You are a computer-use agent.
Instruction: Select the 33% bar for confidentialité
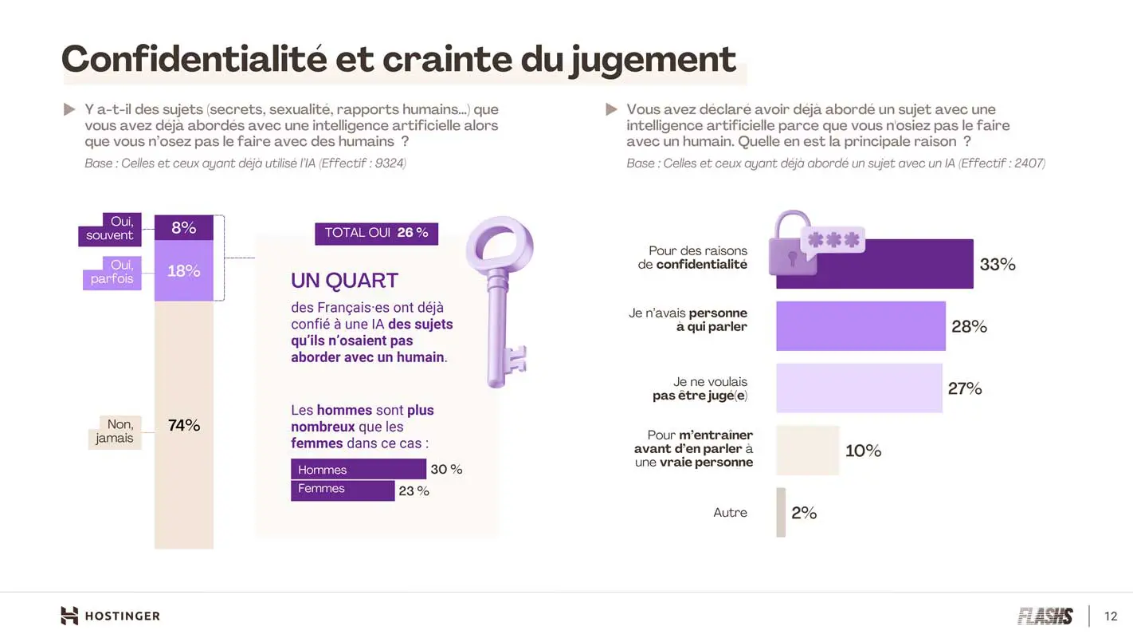click(874, 264)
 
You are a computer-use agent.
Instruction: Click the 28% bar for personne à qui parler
click(861, 326)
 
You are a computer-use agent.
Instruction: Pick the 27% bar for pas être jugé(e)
click(859, 388)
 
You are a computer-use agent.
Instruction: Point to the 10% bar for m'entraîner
click(807, 451)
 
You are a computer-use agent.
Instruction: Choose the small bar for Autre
click(781, 513)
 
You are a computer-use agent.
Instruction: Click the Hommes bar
click(347, 470)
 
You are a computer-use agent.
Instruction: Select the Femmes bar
click(343, 490)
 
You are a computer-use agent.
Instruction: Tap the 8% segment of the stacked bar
click(184, 228)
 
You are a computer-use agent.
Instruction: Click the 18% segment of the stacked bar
click(184, 271)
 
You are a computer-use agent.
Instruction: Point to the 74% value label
click(184, 426)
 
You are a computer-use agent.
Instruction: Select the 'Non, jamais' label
click(115, 431)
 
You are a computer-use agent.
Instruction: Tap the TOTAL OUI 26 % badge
click(376, 233)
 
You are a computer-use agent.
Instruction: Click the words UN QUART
click(344, 281)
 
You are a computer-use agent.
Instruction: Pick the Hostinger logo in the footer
click(110, 616)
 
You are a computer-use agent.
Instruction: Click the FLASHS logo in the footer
click(1045, 616)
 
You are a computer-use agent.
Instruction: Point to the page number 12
click(1111, 616)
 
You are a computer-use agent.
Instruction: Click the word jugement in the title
click(653, 60)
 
